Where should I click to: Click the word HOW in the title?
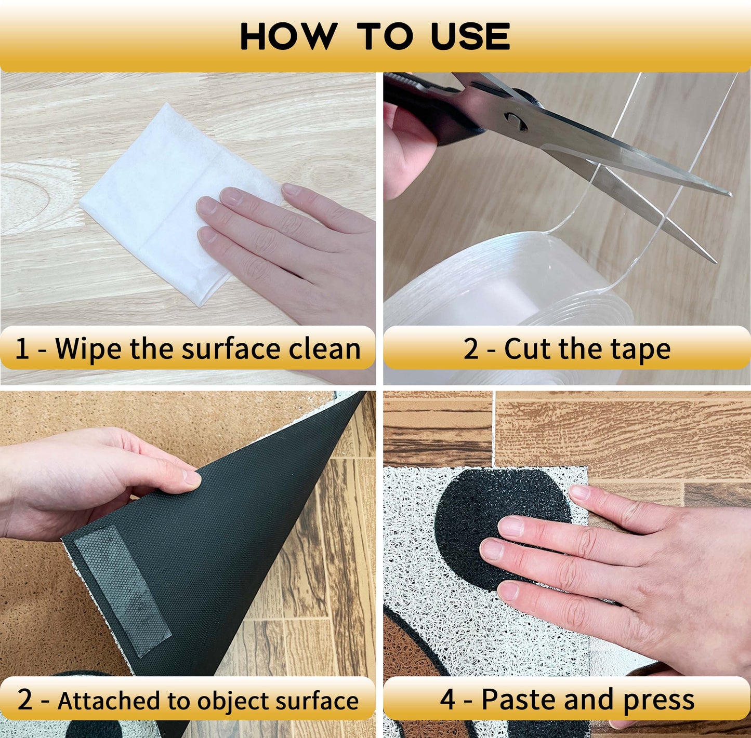point(289,36)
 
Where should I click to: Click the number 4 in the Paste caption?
point(448,700)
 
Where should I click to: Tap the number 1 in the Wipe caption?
point(22,349)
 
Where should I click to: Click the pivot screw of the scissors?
point(515,120)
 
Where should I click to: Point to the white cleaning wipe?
point(175,203)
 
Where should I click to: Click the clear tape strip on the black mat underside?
point(123,588)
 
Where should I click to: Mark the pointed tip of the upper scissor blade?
point(731,194)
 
